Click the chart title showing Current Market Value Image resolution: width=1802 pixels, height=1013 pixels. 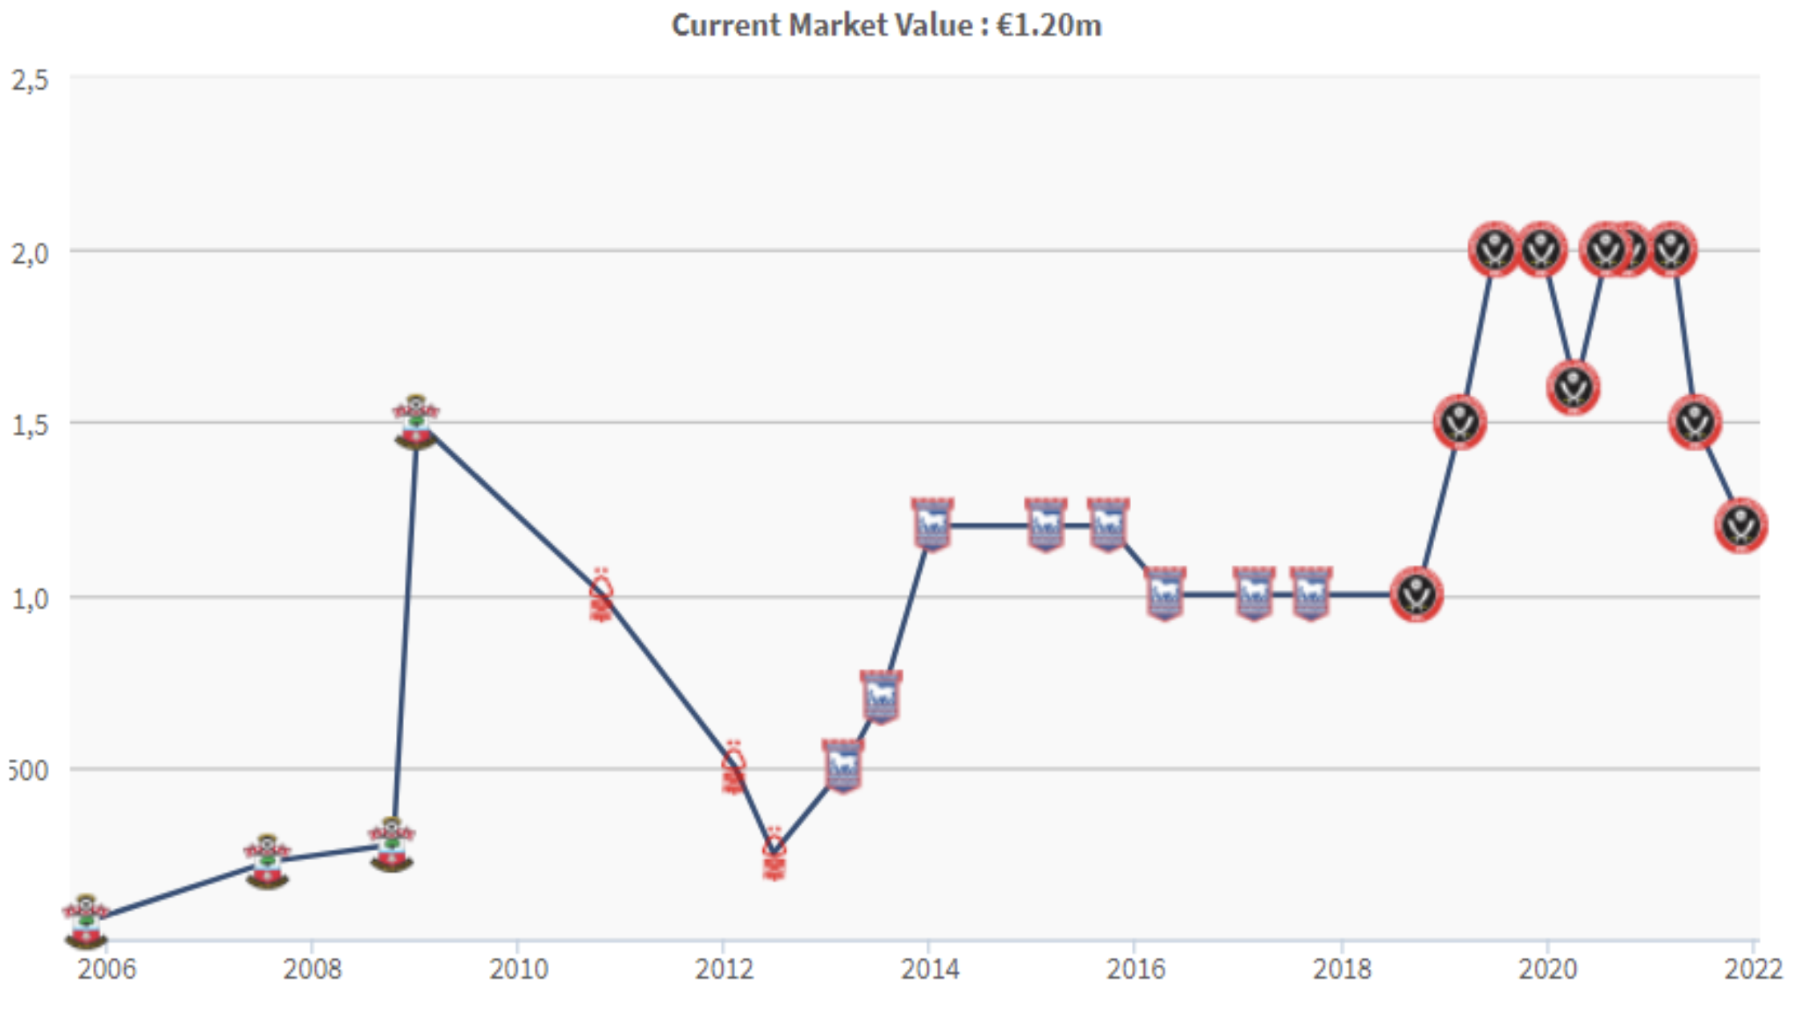[x=886, y=26]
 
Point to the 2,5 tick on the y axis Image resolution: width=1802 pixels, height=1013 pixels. [x=30, y=80]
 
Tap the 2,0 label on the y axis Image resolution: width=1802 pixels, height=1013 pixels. [x=30, y=253]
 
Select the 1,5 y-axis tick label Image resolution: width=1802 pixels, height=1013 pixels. [x=30, y=425]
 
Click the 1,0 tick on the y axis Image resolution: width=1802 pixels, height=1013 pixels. [x=30, y=598]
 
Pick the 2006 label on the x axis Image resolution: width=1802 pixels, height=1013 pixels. [x=106, y=969]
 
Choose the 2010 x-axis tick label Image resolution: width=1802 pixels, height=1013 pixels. [x=518, y=969]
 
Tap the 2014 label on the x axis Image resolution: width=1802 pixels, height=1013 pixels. [x=930, y=969]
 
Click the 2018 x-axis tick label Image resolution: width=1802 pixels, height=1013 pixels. [x=1341, y=969]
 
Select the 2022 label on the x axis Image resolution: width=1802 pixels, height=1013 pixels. [x=1753, y=969]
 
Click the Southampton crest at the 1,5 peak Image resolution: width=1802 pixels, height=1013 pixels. [x=415, y=422]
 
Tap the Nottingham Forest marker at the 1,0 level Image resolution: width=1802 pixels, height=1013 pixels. [x=601, y=595]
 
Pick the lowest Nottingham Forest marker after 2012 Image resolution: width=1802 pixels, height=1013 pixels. [x=774, y=854]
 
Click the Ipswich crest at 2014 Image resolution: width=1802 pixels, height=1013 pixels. [x=931, y=525]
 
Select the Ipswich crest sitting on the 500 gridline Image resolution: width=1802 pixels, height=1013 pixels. [x=842, y=766]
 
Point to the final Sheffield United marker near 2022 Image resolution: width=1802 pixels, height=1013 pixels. [x=1740, y=526]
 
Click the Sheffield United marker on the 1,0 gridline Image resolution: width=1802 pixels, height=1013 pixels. [x=1416, y=595]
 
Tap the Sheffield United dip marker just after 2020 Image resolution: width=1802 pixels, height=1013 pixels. [x=1573, y=388]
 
